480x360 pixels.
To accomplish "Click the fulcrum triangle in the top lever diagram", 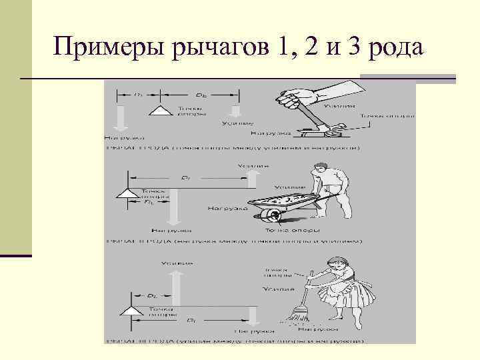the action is pos(160,111).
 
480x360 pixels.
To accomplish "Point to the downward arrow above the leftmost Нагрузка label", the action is pos(118,118).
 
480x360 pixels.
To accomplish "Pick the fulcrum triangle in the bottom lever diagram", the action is pos(127,311).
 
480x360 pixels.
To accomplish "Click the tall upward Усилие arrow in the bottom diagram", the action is pos(177,287).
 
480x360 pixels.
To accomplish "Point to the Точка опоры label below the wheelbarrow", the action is pos(273,230).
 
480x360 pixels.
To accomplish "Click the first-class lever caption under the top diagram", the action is pos(233,148).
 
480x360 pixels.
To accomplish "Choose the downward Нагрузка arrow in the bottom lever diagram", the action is pos(253,315).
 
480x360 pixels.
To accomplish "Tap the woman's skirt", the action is pos(340,293).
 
